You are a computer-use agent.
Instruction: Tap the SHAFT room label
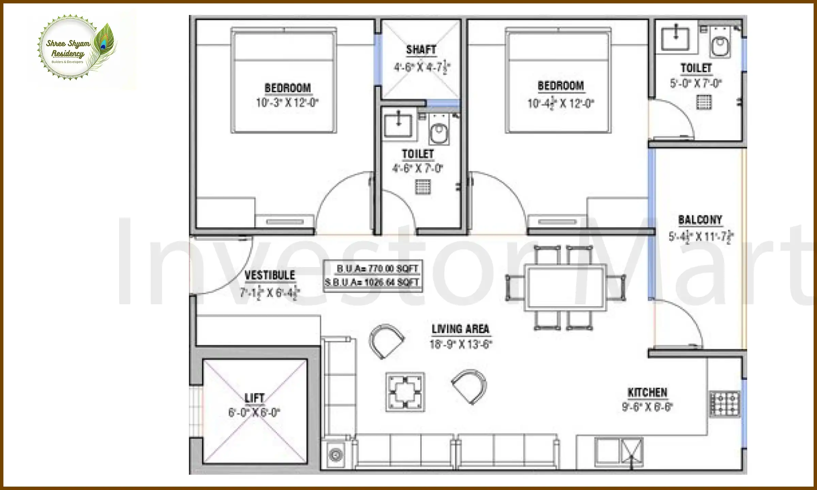tap(421, 50)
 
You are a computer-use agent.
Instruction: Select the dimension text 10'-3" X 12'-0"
tap(287, 102)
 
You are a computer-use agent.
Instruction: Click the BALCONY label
tap(700, 220)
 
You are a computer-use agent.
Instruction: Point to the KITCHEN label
tap(647, 393)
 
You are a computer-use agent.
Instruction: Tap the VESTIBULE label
tap(270, 275)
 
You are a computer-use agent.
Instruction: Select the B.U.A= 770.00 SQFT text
tap(377, 269)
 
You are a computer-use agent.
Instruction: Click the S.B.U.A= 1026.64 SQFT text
tap(372, 282)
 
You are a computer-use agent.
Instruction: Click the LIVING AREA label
tap(460, 329)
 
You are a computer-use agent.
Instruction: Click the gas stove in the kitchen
tap(725, 404)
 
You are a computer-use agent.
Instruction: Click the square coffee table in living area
tap(405, 392)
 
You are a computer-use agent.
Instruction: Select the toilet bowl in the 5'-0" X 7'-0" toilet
tap(720, 47)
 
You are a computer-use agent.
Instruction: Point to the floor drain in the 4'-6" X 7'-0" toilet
tap(423, 186)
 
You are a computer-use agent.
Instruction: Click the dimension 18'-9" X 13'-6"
tap(461, 344)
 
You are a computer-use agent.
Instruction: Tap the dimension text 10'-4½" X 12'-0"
tap(560, 103)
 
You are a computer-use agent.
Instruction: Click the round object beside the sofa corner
tap(336, 455)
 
